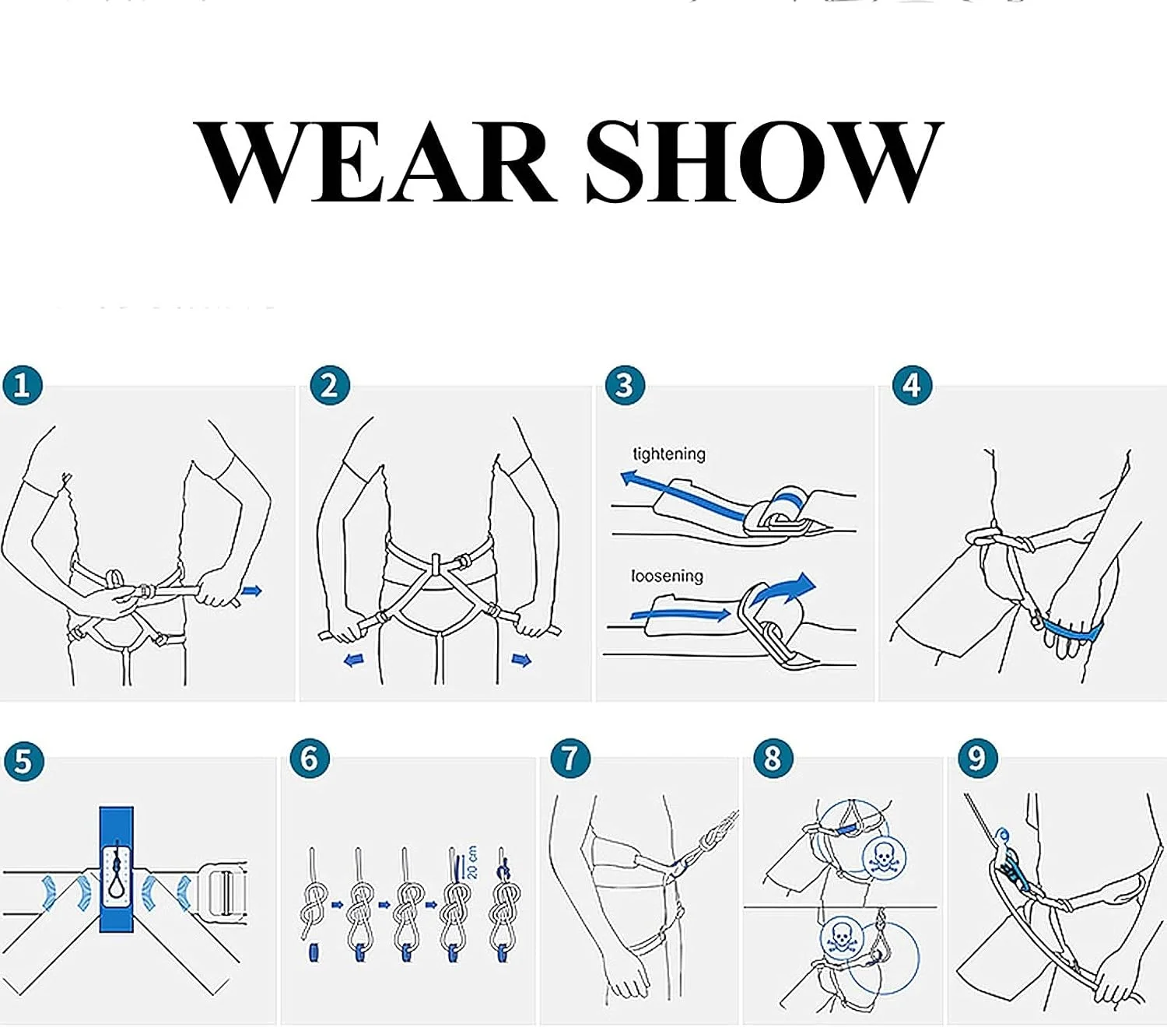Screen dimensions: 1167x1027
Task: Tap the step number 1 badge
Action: click(x=23, y=385)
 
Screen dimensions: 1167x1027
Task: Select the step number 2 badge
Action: click(x=329, y=385)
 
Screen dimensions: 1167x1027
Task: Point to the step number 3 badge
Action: click(x=625, y=385)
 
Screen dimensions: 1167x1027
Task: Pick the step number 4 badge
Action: click(x=912, y=385)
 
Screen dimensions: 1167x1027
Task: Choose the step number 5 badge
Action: click(x=23, y=760)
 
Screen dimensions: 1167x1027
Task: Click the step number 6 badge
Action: click(x=310, y=758)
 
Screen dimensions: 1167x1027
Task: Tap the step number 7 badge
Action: click(x=570, y=758)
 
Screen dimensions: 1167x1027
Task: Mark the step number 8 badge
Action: click(x=773, y=758)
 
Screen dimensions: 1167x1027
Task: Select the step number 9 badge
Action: click(x=977, y=758)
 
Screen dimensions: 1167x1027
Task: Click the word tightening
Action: click(x=669, y=455)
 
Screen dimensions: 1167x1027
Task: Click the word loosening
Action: click(x=667, y=576)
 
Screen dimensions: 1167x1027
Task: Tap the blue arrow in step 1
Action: click(x=252, y=591)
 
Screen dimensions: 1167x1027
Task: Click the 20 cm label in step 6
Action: click(x=471, y=862)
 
